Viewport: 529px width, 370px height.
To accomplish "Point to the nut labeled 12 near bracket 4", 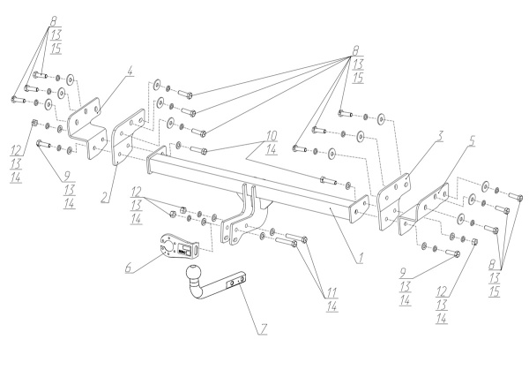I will [34, 123].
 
